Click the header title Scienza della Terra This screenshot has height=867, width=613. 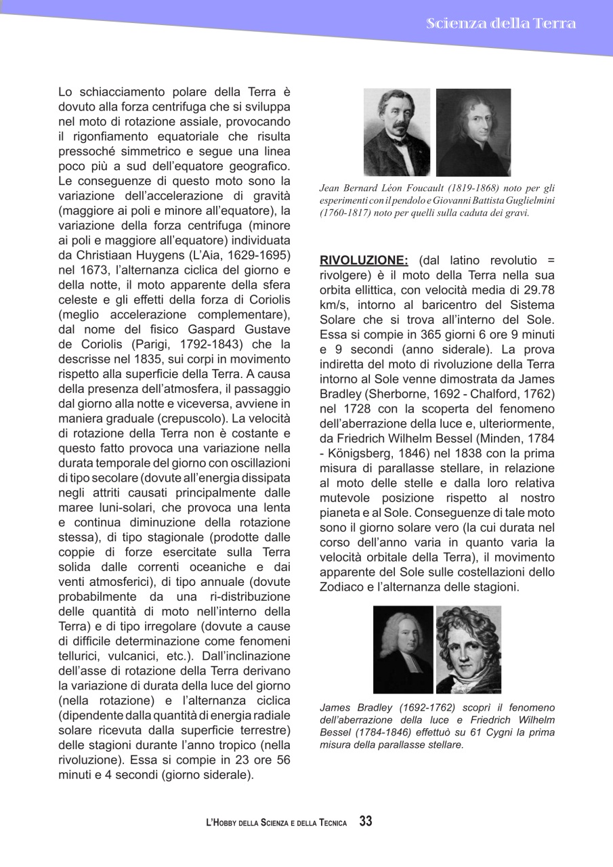point(501,24)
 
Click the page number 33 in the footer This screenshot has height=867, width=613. point(366,822)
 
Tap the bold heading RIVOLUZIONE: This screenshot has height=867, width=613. point(364,260)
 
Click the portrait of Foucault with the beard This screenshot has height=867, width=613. point(397,132)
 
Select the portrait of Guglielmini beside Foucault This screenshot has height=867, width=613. point(473,132)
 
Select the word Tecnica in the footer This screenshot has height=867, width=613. point(330,823)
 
